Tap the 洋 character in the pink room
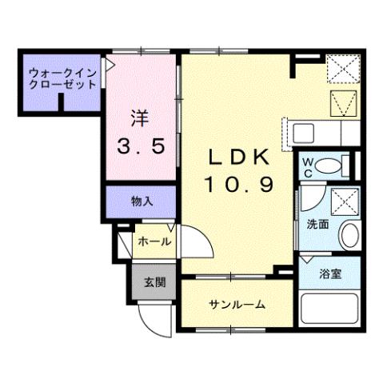(x=139, y=116)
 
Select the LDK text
(x=237, y=156)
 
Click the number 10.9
(x=237, y=186)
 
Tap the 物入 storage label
(x=142, y=202)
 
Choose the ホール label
(x=153, y=241)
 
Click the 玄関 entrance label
(x=154, y=282)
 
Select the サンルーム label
(x=237, y=304)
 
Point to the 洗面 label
(x=317, y=225)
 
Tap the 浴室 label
(x=330, y=274)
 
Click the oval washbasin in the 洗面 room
(x=349, y=235)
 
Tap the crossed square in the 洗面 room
(x=345, y=200)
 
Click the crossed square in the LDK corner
(x=345, y=68)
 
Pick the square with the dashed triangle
(x=345, y=102)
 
